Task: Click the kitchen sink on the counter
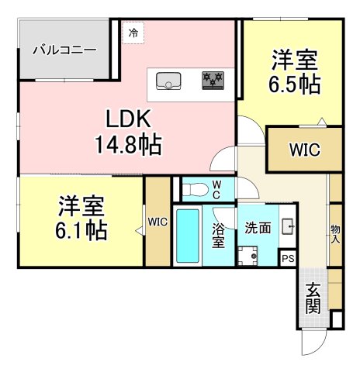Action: click(168, 81)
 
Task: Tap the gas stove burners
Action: click(213, 81)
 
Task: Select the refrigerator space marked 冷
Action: click(133, 33)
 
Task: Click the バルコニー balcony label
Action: click(64, 50)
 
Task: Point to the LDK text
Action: click(129, 119)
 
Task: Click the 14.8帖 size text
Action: click(129, 145)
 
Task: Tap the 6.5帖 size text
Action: click(295, 84)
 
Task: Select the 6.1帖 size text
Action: click(81, 230)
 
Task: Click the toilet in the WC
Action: click(195, 190)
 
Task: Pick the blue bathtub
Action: click(188, 236)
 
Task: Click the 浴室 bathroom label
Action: click(218, 236)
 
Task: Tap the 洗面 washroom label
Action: click(258, 228)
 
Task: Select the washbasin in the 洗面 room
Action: click(288, 226)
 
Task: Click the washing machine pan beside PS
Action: click(248, 256)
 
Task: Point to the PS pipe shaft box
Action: click(288, 258)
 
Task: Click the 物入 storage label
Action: click(335, 234)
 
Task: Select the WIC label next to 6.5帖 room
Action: click(305, 150)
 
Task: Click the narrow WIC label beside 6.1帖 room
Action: click(157, 222)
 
